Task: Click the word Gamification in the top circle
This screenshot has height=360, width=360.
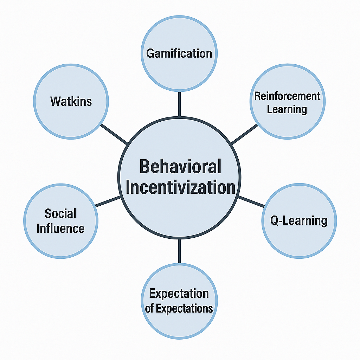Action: pos(179,53)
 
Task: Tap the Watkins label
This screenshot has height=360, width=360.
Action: pos(71,102)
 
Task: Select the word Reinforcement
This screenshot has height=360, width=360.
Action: pos(287,96)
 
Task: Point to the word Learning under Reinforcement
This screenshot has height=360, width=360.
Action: pos(287,109)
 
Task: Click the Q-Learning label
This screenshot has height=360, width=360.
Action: pos(299,221)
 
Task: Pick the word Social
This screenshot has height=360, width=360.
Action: pos(60,213)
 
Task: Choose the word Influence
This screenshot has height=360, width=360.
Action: pos(60,229)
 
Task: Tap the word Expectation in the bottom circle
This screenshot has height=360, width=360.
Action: pos(179,293)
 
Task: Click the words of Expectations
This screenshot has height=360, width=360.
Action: pos(179,309)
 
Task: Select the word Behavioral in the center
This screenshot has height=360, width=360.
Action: pos(180,166)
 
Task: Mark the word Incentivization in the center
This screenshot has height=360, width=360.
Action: pos(180,187)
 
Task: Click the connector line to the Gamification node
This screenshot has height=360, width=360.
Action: pos(179,104)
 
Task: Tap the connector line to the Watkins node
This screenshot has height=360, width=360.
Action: pos(114,134)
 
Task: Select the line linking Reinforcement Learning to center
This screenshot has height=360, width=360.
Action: pos(245,134)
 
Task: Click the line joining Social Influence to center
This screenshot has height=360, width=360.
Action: pos(108,201)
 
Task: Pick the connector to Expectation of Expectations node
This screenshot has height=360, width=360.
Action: pos(179,251)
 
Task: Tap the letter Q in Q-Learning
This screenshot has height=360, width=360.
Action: pos(275,221)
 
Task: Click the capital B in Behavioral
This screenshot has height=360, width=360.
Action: pos(145,166)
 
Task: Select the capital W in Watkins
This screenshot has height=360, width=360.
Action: pos(55,102)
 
